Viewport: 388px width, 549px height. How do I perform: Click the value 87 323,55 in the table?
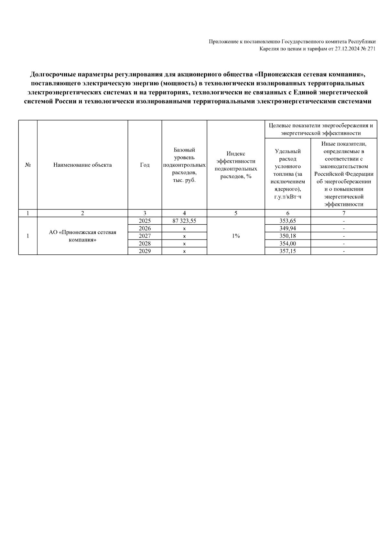click(x=184, y=221)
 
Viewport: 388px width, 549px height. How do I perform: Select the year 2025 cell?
click(x=145, y=221)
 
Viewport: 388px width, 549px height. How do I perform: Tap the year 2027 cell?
click(x=145, y=236)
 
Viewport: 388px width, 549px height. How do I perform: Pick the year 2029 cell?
click(x=145, y=251)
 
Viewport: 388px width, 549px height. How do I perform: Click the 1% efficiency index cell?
click(x=236, y=236)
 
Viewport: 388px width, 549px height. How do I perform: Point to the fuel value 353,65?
click(x=288, y=221)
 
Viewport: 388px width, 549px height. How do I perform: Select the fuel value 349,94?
click(x=288, y=229)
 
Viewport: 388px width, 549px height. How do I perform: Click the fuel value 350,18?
click(x=288, y=236)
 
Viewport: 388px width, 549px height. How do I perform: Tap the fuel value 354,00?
click(x=288, y=243)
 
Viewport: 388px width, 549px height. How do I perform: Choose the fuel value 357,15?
click(x=288, y=251)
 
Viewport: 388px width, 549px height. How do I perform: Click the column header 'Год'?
click(x=145, y=165)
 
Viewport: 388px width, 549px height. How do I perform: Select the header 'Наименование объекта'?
click(x=82, y=165)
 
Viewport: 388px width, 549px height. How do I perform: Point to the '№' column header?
click(x=28, y=165)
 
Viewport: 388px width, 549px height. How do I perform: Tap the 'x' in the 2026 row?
click(x=184, y=229)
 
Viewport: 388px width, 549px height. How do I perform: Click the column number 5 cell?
click(x=236, y=213)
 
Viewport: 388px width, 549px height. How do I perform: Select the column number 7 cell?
click(x=344, y=213)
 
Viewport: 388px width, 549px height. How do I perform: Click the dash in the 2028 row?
click(x=344, y=244)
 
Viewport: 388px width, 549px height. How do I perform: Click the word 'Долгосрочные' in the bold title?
click(x=50, y=74)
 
